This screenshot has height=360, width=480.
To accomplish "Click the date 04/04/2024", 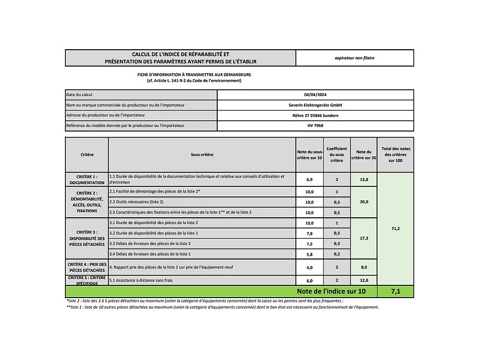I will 315,95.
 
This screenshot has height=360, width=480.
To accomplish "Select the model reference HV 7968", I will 315,125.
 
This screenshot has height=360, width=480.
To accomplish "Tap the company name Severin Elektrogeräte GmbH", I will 315,105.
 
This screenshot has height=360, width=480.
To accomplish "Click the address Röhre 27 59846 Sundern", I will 315,115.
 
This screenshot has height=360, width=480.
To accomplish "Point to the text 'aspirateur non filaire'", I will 354,58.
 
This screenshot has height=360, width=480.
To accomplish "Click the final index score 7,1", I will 395,292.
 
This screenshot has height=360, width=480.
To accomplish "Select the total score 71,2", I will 395,228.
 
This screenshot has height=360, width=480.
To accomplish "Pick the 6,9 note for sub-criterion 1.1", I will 310,180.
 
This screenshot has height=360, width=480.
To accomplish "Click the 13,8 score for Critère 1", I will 363,180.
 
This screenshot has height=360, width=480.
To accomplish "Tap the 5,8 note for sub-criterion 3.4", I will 310,254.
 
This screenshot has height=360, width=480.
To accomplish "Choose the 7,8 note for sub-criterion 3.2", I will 310,233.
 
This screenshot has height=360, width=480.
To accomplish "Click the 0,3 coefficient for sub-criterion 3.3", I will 336,244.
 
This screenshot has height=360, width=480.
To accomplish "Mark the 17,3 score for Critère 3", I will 363,238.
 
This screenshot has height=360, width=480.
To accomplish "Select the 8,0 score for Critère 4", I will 363,267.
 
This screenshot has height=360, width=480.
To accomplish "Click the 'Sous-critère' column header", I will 202,154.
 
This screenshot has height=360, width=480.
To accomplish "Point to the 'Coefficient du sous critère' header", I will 336,154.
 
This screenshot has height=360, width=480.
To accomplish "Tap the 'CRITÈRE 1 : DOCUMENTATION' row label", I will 87,179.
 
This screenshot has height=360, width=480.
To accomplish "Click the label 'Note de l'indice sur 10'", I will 337,292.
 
